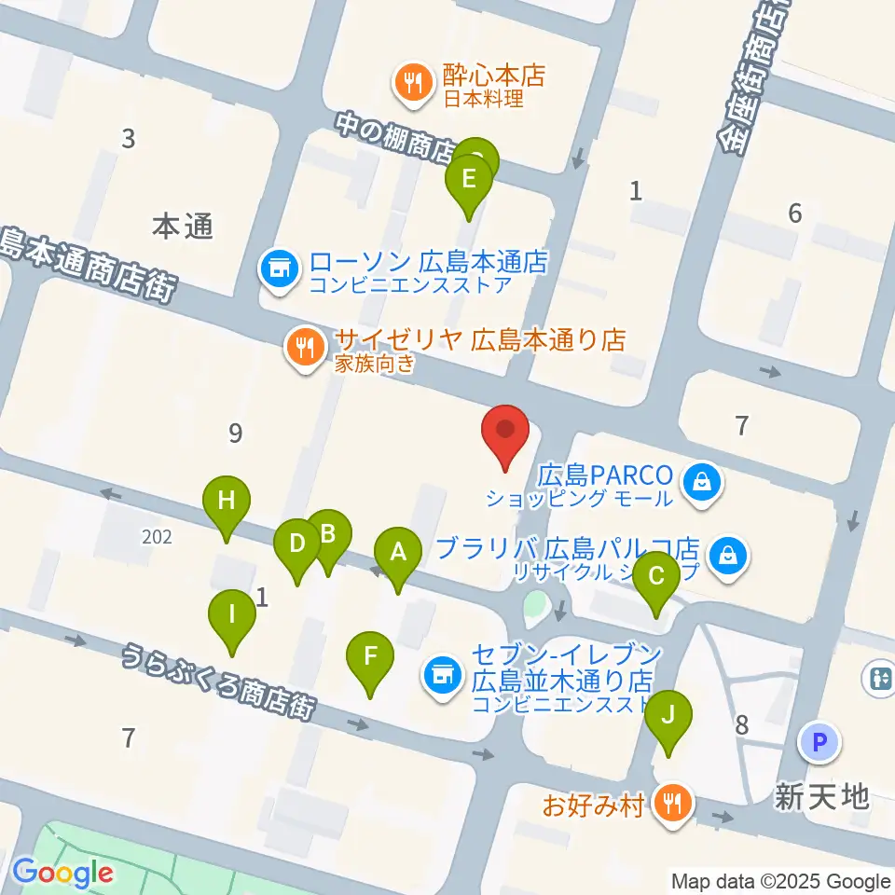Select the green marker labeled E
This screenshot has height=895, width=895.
tap(469, 178)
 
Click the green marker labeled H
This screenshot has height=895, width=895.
tap(227, 501)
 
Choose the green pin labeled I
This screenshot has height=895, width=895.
tap(232, 615)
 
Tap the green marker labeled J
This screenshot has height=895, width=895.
tap(668, 716)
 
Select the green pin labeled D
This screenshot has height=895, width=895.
tap(297, 544)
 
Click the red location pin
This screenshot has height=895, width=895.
tap(506, 431)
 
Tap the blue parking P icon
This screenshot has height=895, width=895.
tap(819, 742)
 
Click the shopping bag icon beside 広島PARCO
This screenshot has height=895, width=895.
tap(698, 482)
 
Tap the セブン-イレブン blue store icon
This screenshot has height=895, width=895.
tap(441, 673)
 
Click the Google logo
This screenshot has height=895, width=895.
tap(62, 874)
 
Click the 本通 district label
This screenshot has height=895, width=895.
tap(184, 227)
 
